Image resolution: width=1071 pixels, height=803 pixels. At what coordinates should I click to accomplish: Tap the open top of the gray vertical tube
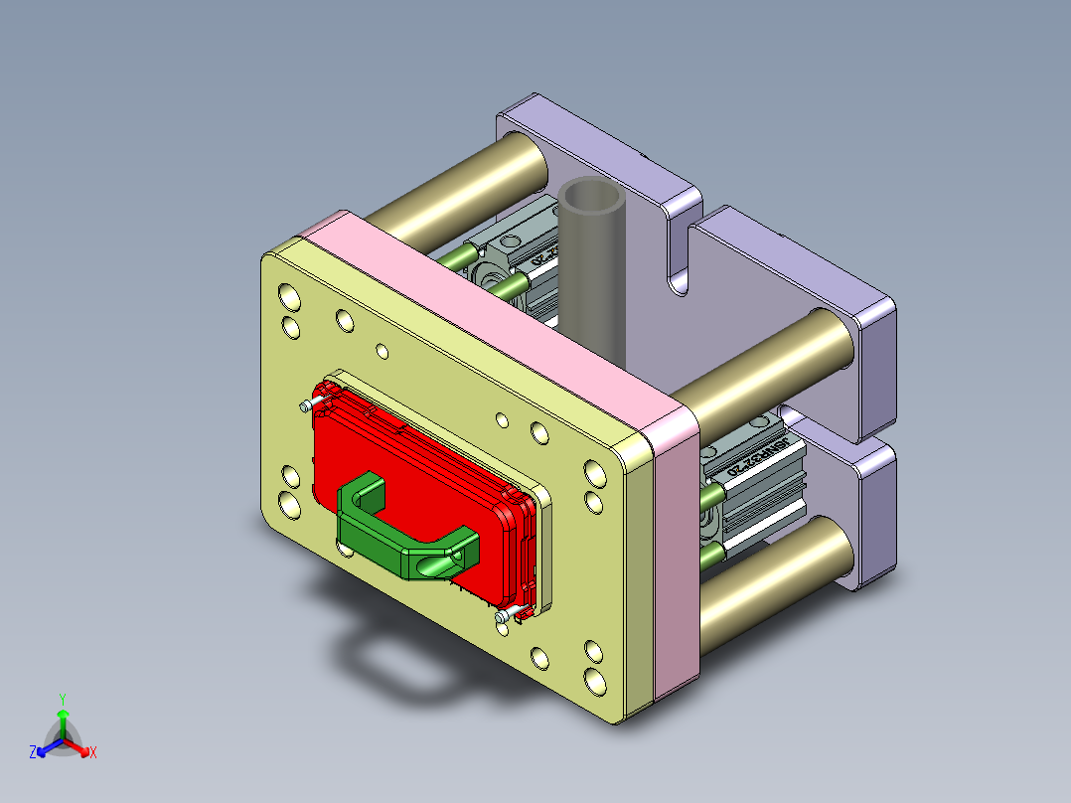click(x=592, y=199)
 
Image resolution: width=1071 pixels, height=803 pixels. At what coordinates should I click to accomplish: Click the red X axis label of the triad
click(x=93, y=753)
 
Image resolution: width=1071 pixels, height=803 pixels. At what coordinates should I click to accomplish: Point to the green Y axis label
click(x=62, y=699)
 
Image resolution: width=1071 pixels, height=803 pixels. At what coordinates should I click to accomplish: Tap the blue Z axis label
click(x=33, y=752)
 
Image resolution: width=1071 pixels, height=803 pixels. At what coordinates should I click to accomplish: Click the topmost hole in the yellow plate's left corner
click(x=288, y=295)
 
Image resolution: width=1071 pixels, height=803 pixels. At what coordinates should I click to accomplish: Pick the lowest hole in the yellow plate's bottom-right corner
click(x=594, y=681)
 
